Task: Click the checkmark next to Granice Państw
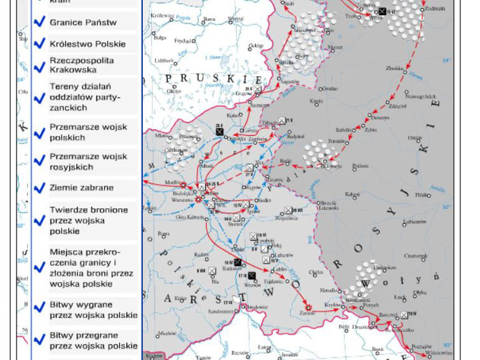(x=39, y=22)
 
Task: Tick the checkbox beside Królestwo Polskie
(x=39, y=44)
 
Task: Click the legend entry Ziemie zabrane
(x=81, y=188)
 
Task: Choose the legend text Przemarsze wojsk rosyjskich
(x=88, y=162)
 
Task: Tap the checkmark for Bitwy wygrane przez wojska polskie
(x=39, y=309)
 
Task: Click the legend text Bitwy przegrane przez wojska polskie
(x=93, y=340)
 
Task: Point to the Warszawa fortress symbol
(x=197, y=199)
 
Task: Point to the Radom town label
(x=202, y=255)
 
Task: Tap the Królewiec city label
(x=163, y=15)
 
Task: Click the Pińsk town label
(x=422, y=195)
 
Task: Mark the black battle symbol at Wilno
(x=382, y=11)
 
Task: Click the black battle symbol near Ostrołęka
(x=220, y=131)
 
